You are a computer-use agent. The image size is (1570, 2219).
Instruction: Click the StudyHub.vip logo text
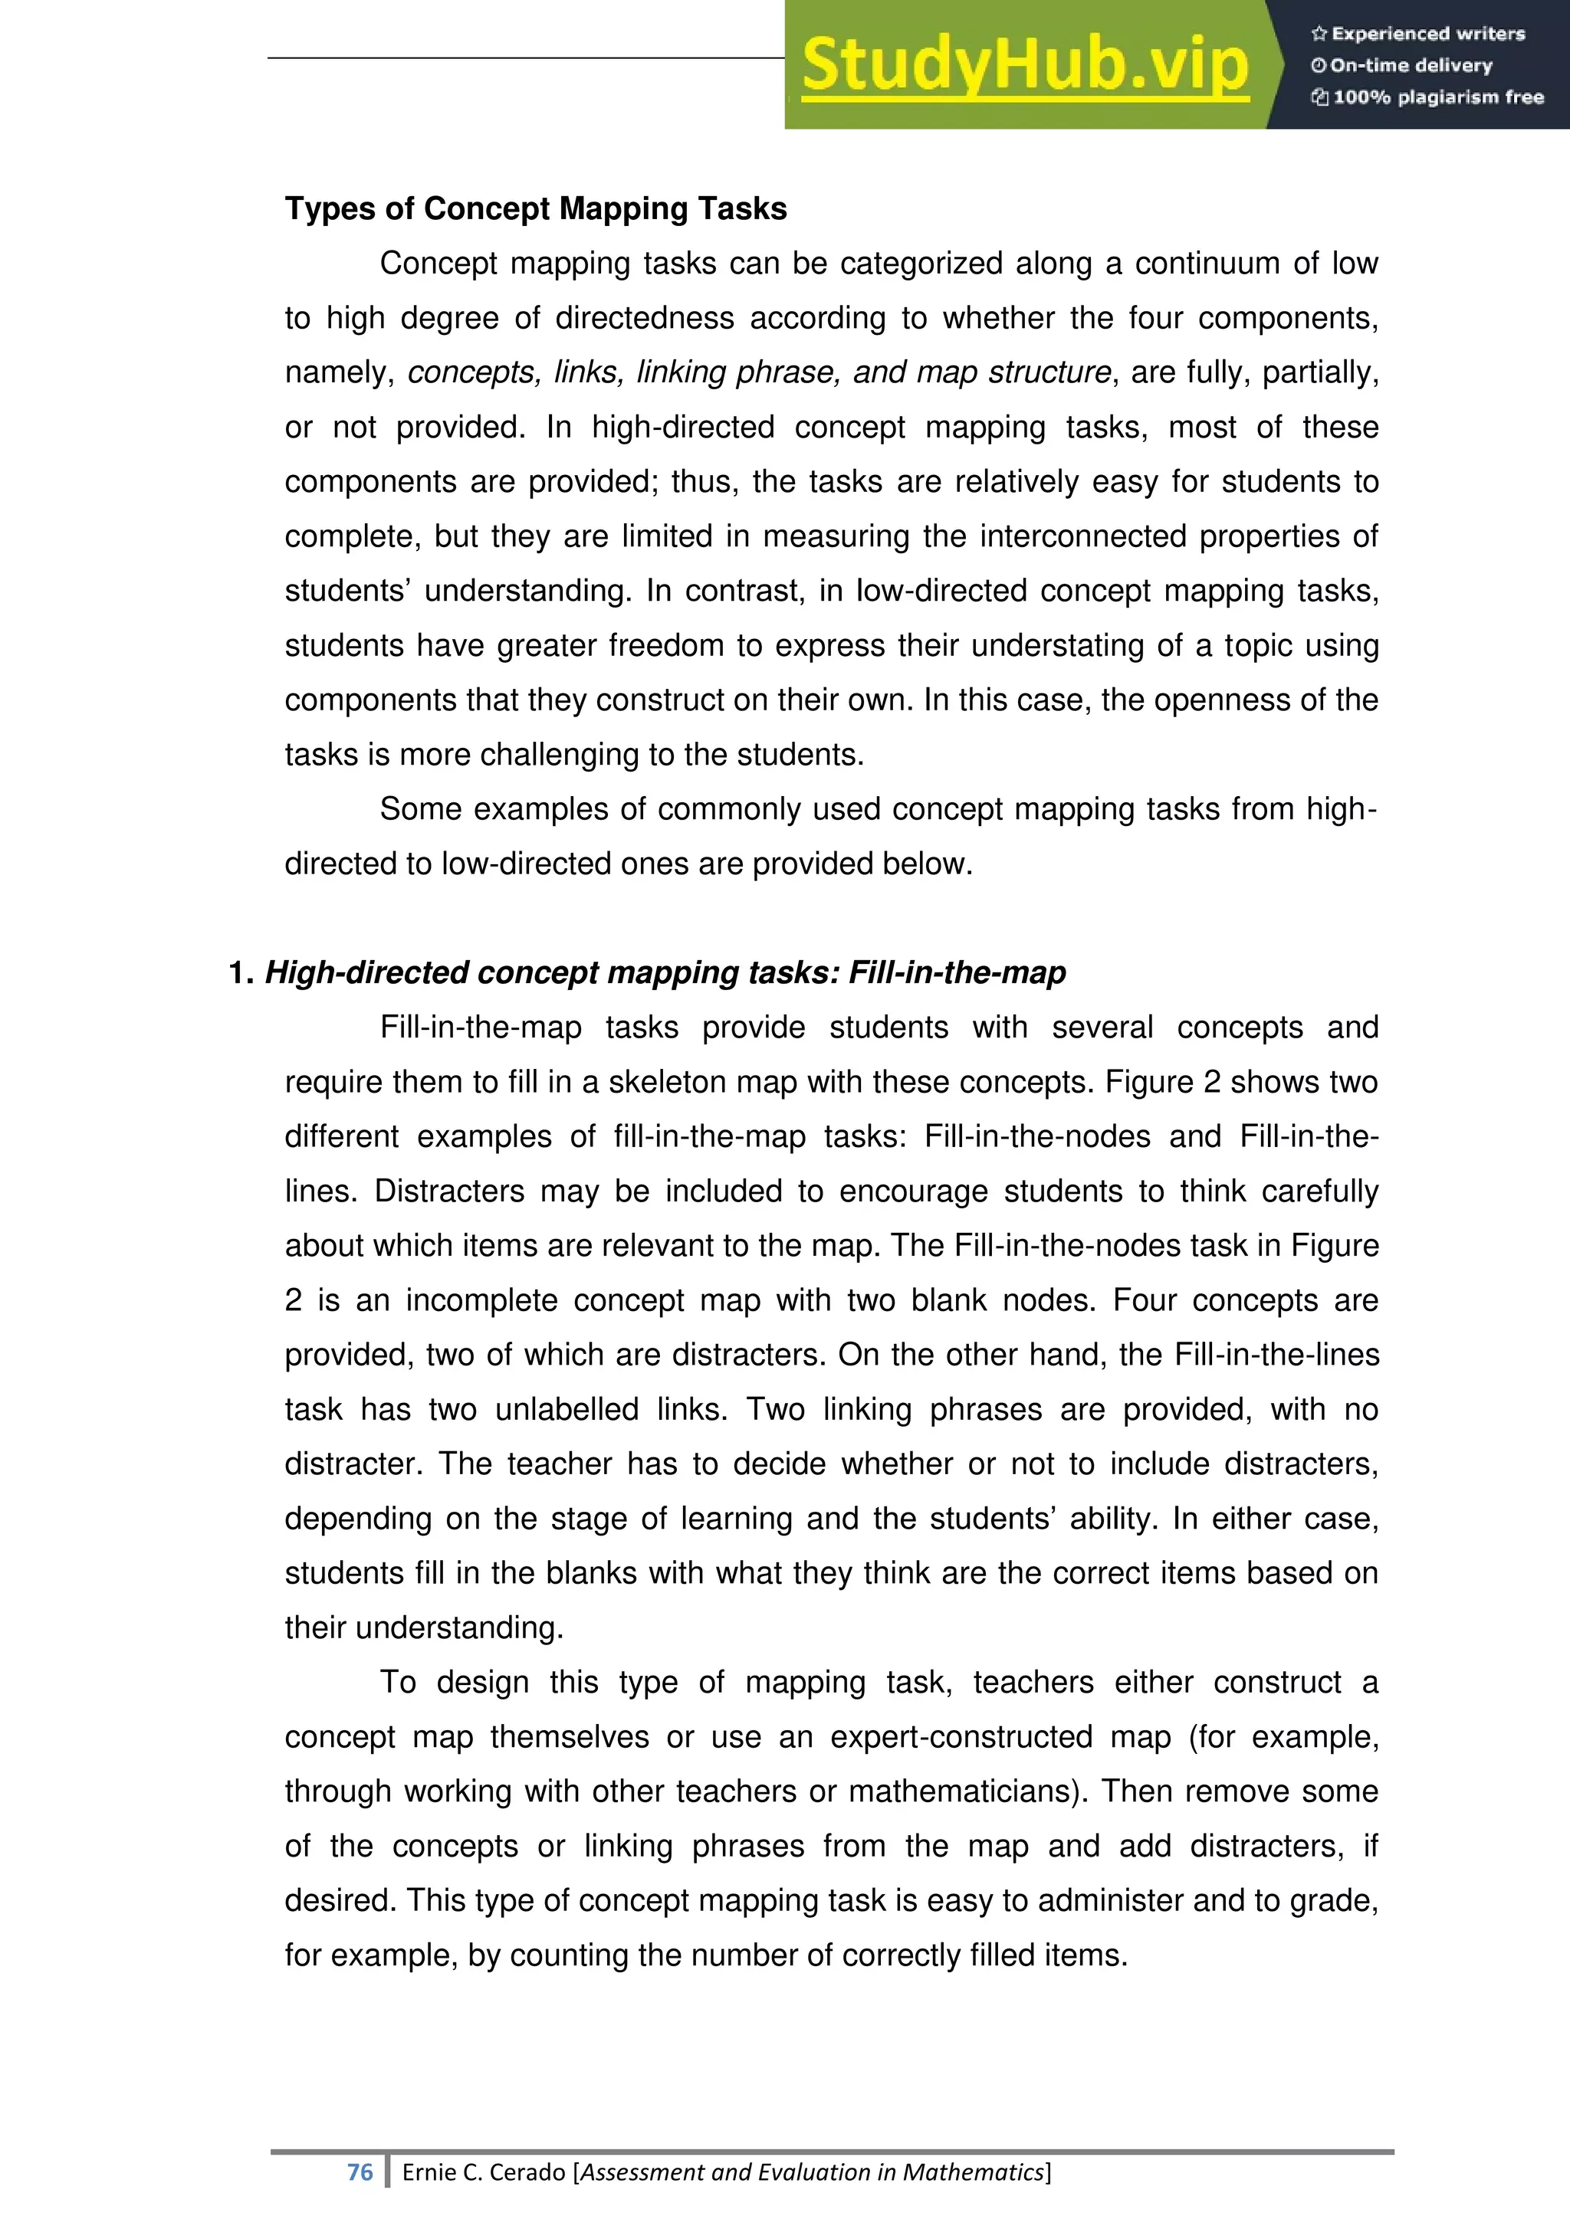pyautogui.click(x=1025, y=65)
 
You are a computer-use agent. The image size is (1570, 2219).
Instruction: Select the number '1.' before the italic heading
pyautogui.click(x=241, y=973)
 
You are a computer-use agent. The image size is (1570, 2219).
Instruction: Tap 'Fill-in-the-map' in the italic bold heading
pyautogui.click(x=957, y=973)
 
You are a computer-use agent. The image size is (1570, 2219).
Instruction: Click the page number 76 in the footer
pyautogui.click(x=360, y=2172)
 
